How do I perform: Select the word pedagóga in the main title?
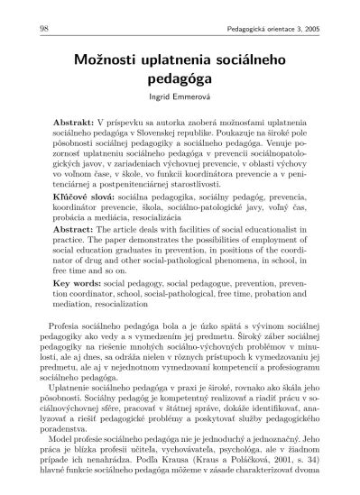point(180,80)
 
